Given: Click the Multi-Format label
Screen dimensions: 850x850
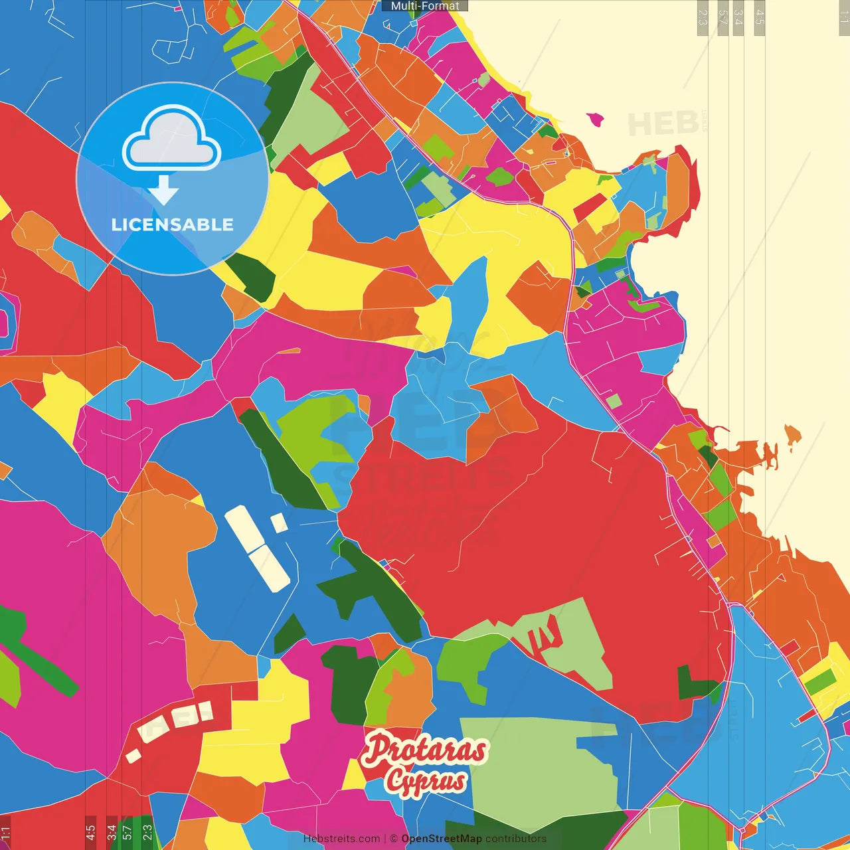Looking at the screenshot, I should click(x=425, y=6).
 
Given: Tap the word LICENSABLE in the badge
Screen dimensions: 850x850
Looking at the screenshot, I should click(x=173, y=224).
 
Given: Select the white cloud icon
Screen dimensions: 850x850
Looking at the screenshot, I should click(x=171, y=137).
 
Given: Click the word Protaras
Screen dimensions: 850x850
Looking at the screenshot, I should click(x=425, y=749).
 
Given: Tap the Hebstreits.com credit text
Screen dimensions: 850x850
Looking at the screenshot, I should click(x=341, y=839).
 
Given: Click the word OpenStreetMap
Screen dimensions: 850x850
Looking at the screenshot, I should click(x=441, y=839).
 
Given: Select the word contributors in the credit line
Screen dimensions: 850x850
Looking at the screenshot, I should click(x=516, y=839).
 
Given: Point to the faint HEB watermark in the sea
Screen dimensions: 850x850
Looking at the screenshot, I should click(x=663, y=124).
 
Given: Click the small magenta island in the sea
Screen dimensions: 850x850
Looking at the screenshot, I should click(x=596, y=120).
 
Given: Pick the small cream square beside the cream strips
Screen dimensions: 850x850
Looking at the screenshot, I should click(x=279, y=523).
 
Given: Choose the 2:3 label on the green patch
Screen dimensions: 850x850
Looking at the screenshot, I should click(x=147, y=832).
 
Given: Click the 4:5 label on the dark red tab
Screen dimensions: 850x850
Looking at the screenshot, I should click(x=90, y=832).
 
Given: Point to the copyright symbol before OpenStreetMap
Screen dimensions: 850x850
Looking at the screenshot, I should click(x=394, y=839).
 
